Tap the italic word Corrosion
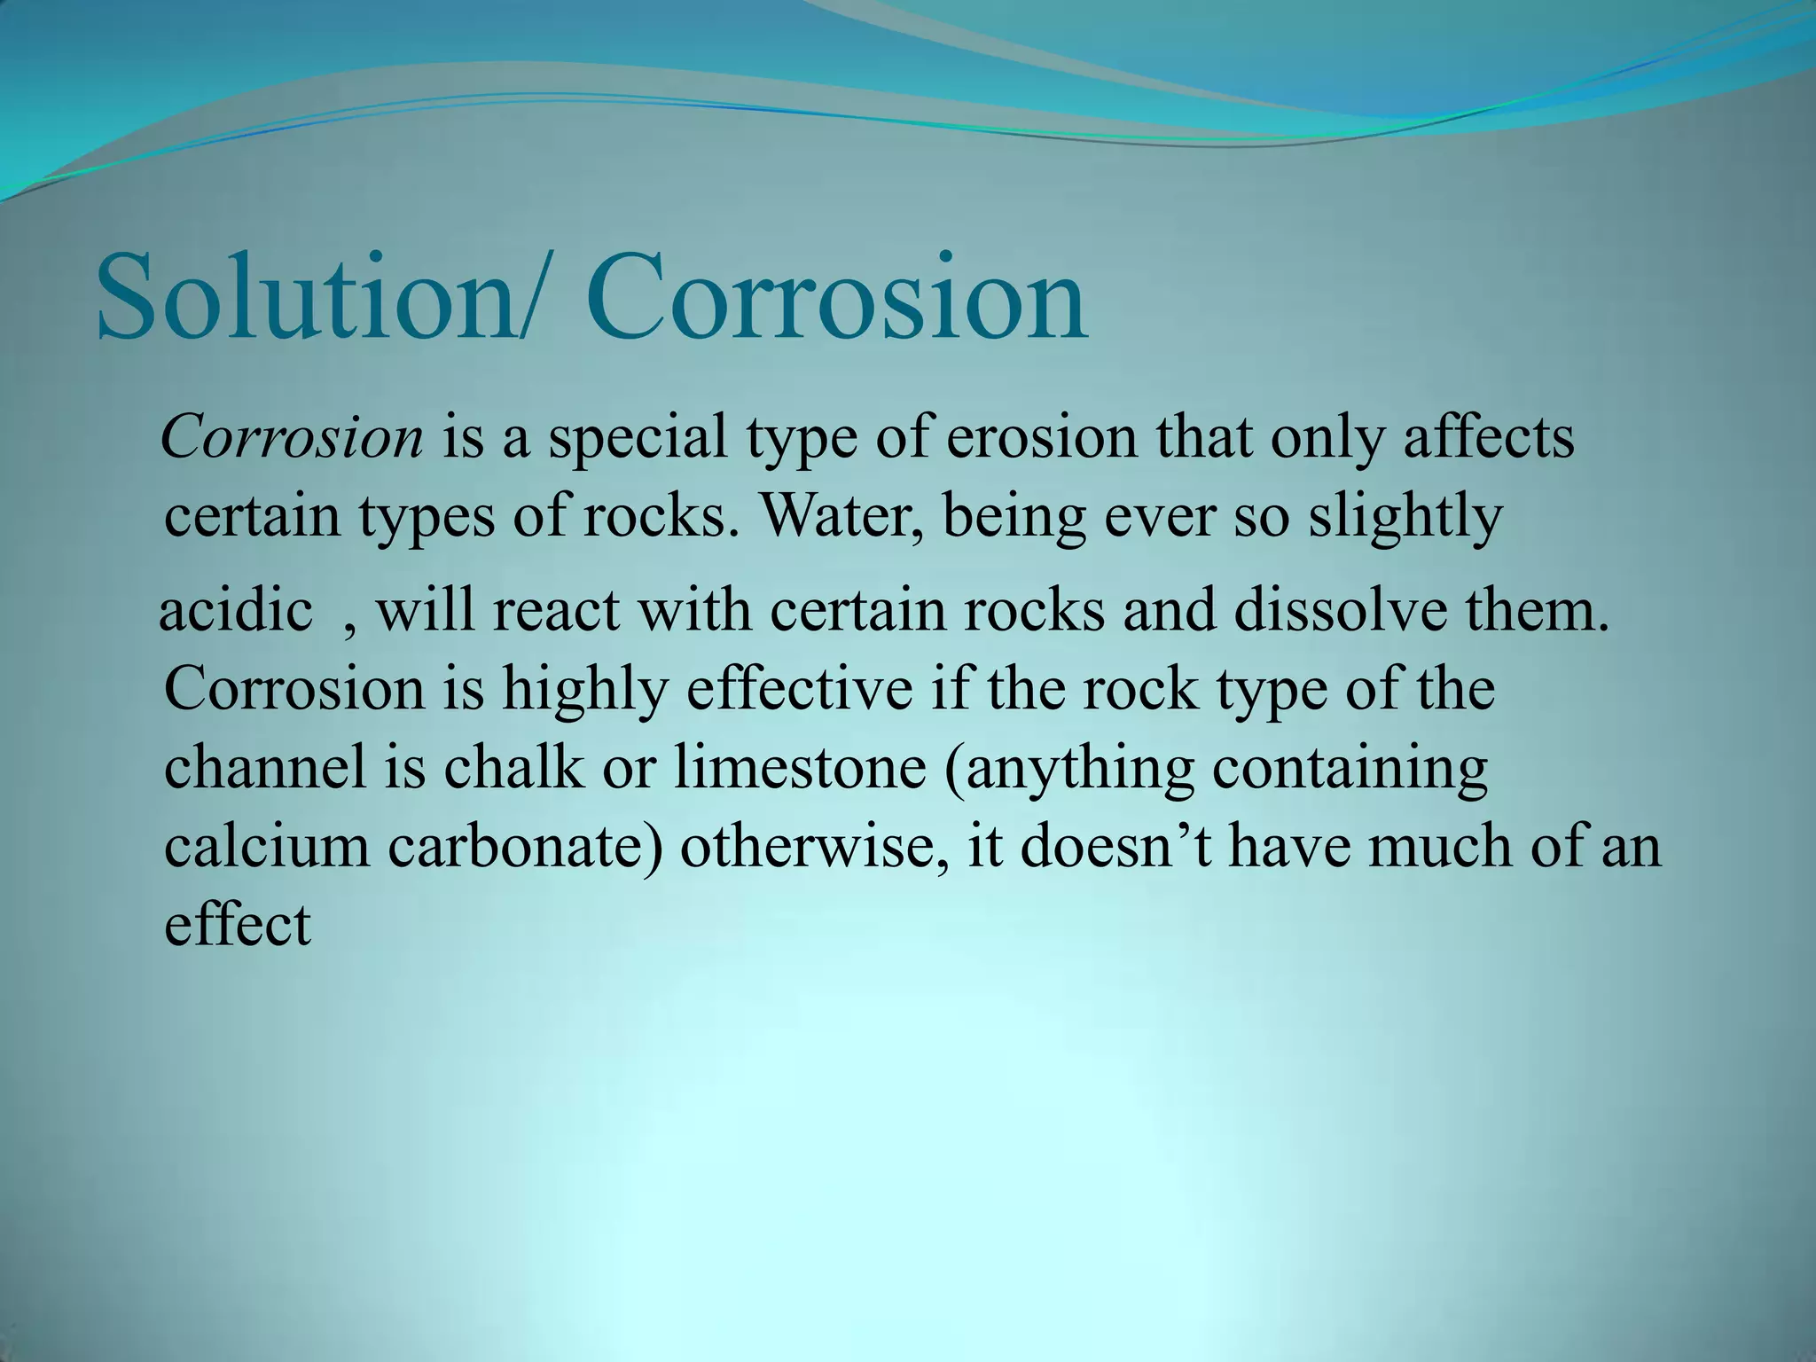[293, 437]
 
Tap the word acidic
[236, 611]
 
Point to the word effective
[799, 688]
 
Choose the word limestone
[800, 767]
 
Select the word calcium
[267, 846]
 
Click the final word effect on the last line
[238, 924]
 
